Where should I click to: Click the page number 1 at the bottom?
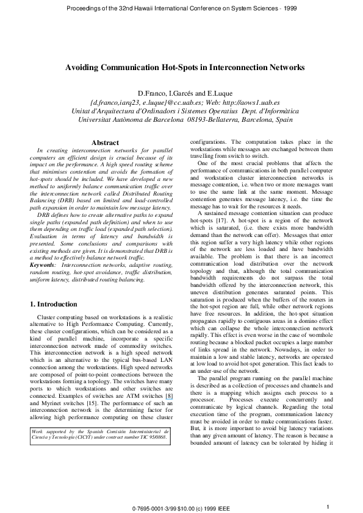[328, 506]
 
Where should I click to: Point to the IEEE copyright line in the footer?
[182, 508]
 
